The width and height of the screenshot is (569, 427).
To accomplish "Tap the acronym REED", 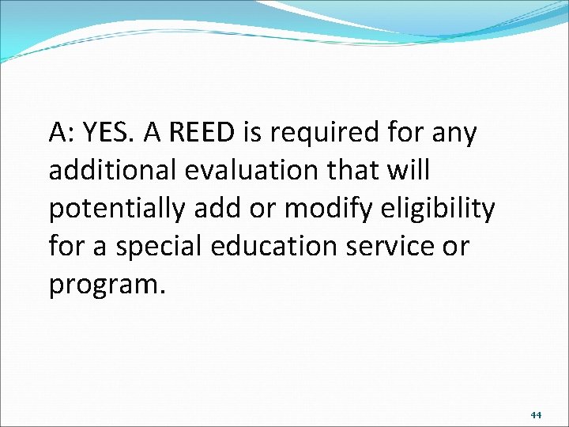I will coord(202,134).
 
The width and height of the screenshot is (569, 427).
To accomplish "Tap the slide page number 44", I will coord(536,414).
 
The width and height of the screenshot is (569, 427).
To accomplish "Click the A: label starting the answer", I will coord(60,134).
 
